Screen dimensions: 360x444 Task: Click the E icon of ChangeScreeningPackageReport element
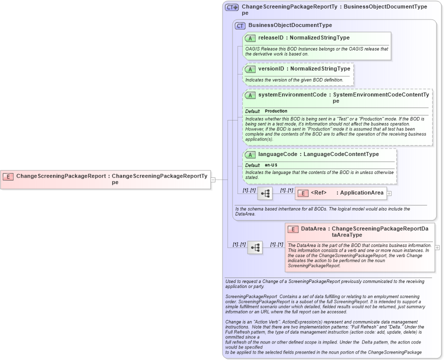(8, 176)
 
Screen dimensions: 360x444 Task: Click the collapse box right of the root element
(213, 179)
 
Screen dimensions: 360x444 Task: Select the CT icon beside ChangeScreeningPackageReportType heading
(232, 7)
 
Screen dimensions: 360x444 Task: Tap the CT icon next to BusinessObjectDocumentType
(240, 25)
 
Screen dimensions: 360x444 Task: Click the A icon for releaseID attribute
(250, 38)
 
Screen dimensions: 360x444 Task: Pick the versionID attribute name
(271, 68)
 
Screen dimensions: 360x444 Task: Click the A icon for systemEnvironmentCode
(250, 95)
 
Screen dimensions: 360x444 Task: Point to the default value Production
(276, 111)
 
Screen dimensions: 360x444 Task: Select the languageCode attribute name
(277, 154)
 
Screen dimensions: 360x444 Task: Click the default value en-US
(271, 165)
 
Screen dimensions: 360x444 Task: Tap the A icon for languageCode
(250, 155)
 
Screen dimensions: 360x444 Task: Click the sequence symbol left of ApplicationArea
(264, 193)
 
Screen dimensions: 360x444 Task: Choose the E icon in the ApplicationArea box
(302, 193)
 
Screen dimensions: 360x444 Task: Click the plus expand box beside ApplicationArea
(389, 193)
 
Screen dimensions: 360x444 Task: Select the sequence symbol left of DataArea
(255, 247)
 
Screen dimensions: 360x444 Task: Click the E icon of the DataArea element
(293, 229)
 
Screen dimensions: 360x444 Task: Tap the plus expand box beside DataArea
(437, 247)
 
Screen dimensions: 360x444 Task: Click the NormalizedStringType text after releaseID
(320, 38)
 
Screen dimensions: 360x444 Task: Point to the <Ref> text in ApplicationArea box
(318, 193)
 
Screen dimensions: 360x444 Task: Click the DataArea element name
(313, 229)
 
